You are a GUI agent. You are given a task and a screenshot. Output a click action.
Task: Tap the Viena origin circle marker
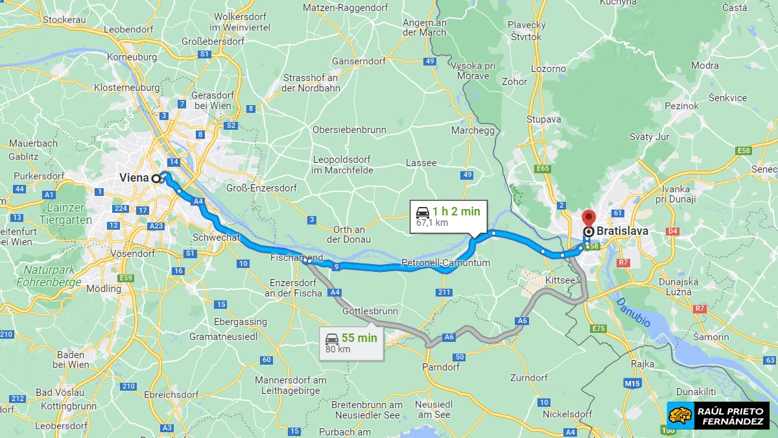point(156,178)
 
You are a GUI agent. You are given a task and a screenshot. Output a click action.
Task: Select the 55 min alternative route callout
point(351,343)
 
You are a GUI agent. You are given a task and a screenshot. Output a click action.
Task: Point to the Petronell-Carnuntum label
point(445,262)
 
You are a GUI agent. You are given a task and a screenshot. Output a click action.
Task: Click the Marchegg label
point(473,130)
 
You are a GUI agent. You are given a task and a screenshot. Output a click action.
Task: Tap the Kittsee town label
point(560,279)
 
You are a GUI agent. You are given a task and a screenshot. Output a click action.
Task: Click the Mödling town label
point(104,288)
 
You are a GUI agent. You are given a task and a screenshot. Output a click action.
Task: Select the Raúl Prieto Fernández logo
point(718,415)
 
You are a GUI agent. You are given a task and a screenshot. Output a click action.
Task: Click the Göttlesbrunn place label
point(370,311)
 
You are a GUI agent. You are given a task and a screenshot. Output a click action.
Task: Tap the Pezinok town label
point(681,106)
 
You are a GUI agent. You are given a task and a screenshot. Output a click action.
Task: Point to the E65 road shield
point(543,169)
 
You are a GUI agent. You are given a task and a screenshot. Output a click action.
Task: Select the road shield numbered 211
point(443,293)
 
